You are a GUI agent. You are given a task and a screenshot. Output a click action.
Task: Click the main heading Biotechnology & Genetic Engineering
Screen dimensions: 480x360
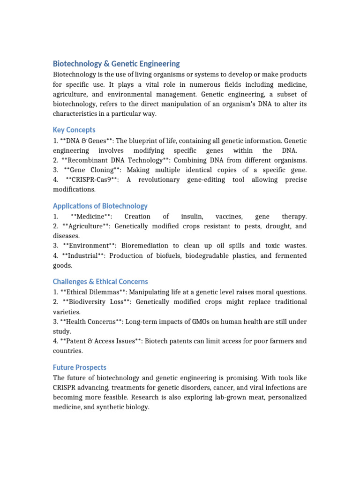[116, 64]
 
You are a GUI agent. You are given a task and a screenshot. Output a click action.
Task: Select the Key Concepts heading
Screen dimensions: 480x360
[74, 130]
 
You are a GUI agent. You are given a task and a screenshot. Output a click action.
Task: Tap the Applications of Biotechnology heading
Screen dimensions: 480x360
[100, 206]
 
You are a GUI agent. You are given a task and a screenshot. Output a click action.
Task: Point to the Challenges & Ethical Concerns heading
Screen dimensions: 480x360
[100, 282]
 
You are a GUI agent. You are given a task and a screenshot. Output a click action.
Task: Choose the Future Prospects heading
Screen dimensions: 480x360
[79, 367]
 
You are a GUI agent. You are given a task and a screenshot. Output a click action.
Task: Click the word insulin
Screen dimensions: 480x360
[192, 217]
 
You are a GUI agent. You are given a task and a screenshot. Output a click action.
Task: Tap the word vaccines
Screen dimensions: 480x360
[229, 217]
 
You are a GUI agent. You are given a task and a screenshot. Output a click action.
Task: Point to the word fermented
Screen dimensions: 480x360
[290, 255]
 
